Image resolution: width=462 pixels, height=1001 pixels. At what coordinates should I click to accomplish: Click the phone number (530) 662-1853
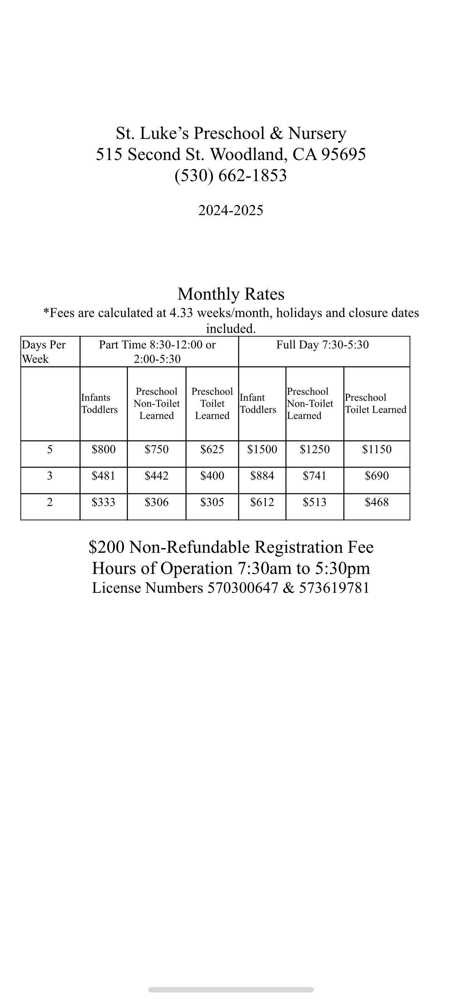[x=231, y=175]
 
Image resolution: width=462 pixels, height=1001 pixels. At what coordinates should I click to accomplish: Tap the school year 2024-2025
[x=231, y=210]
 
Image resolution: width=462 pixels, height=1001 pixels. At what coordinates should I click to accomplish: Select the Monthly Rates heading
[x=231, y=294]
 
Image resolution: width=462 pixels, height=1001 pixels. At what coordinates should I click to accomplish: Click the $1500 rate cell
[x=262, y=450]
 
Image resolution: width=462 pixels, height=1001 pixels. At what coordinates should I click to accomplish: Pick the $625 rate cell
[x=212, y=450]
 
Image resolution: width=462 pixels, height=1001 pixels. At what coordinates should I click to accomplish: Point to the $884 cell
[x=262, y=476]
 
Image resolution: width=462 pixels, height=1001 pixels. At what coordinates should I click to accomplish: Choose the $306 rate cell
[x=157, y=502]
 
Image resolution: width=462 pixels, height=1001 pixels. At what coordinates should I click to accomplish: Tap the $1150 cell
[x=376, y=450]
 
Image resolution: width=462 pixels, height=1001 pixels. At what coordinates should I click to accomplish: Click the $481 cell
[x=104, y=476]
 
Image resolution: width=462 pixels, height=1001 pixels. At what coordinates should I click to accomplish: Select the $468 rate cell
[x=376, y=502]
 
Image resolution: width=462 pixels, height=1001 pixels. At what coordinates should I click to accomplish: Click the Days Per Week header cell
[x=44, y=352]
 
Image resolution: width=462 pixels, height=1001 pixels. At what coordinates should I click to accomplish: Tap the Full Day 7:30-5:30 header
[x=322, y=345]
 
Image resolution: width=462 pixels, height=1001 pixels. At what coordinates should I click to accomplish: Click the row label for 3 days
[x=50, y=476]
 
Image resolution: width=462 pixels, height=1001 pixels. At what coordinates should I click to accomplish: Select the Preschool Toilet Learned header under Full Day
[x=376, y=403]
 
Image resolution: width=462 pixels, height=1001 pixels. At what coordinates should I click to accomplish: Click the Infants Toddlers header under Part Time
[x=100, y=403]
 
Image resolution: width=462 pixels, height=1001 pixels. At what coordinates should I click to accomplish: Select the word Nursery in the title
[x=317, y=133]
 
